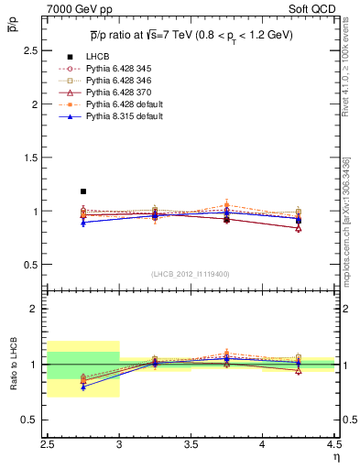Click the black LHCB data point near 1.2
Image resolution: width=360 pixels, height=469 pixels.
(x=83, y=191)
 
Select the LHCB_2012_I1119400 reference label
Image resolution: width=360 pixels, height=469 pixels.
(x=191, y=273)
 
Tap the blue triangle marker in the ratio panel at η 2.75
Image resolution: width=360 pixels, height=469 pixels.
(x=83, y=387)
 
